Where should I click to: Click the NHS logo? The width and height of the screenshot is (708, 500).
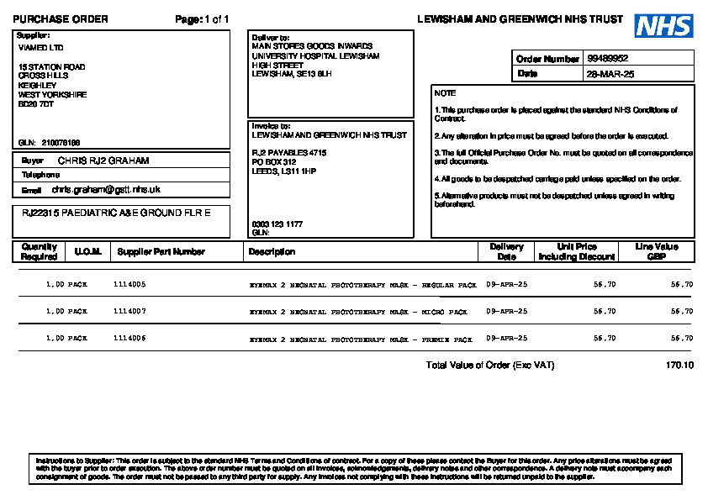tap(663, 25)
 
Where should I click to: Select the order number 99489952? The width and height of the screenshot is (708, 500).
tap(608, 59)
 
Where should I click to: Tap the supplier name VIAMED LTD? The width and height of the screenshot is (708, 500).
tap(40, 48)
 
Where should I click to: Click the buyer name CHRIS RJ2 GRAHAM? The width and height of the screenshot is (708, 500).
tap(103, 160)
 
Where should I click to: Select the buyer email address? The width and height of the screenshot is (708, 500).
tap(106, 190)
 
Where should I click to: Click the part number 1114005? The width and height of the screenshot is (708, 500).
tap(129, 285)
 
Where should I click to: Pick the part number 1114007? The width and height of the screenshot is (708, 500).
tap(129, 311)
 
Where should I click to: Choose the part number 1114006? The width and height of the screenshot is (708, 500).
tap(129, 338)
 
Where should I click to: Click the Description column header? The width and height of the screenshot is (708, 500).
tap(272, 251)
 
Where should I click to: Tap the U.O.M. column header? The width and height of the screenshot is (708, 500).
tap(87, 251)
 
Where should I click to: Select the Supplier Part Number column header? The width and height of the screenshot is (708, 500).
tap(161, 251)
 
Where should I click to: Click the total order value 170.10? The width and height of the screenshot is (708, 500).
tap(679, 366)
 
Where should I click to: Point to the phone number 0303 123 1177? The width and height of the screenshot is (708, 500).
tap(277, 224)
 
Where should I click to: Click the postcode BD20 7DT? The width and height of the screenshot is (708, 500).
tap(36, 104)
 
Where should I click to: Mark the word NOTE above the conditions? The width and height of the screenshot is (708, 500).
tap(445, 93)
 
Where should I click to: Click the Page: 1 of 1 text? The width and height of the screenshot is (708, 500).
tap(202, 19)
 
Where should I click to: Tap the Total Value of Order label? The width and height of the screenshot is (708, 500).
tap(490, 366)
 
